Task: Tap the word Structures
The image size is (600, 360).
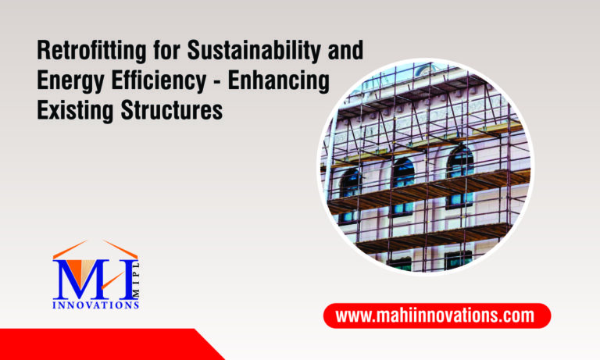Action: (168, 110)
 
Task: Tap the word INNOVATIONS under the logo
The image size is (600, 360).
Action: (95, 305)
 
